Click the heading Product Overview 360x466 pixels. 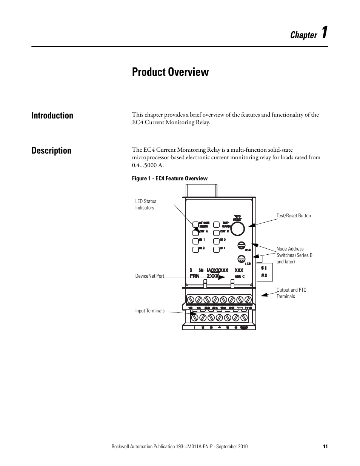coord(170,72)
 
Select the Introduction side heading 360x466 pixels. coord(52,115)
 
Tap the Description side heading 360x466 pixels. coord(51,151)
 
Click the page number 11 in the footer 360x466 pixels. coord(325,446)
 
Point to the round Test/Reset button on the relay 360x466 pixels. coord(238,229)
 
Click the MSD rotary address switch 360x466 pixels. coord(242,245)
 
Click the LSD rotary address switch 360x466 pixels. coord(242,259)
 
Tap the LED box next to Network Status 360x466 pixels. coord(195,225)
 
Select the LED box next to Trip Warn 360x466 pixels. coord(216,225)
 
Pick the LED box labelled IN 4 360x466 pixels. coord(216,249)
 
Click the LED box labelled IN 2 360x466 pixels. coord(195,249)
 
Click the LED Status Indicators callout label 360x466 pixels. coord(146,205)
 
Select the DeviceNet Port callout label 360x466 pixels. coord(150,276)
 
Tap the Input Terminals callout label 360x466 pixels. coord(150,311)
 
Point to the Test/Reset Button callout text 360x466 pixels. coord(294,216)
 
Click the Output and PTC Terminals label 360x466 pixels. coord(291,293)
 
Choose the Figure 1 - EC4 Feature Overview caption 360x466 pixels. coord(169,178)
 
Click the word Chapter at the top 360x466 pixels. coord(303,35)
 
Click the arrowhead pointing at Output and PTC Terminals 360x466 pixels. coord(263,294)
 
